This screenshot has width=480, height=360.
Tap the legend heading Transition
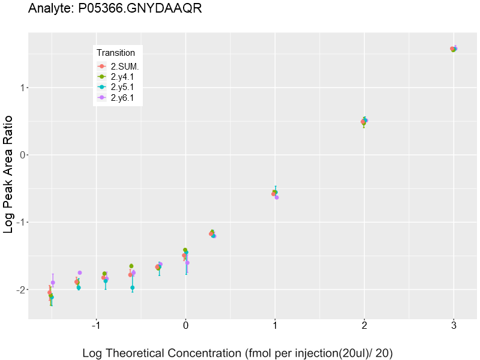point(116,53)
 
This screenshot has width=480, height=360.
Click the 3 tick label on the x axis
point(454,326)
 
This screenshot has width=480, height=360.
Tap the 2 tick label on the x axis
point(364,326)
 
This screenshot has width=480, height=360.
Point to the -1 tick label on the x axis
point(95,326)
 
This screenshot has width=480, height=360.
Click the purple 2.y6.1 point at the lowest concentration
point(53,283)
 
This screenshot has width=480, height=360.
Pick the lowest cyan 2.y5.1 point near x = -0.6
point(133,288)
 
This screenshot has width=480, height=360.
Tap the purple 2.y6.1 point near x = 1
point(277,197)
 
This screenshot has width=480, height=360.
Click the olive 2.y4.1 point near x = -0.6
point(131,266)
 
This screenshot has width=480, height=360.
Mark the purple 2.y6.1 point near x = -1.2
point(80,273)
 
